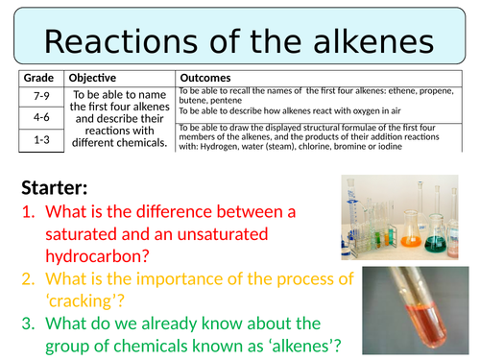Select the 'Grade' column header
click(x=40, y=76)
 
